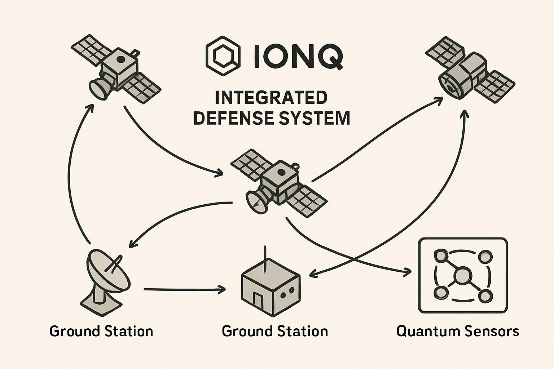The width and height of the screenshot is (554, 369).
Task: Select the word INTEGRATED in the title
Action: (271, 98)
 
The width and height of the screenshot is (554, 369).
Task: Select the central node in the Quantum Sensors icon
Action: (462, 276)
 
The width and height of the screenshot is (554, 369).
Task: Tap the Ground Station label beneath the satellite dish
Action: (101, 331)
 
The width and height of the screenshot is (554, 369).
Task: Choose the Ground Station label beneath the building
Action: (275, 331)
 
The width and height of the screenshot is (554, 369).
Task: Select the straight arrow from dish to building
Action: (184, 289)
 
